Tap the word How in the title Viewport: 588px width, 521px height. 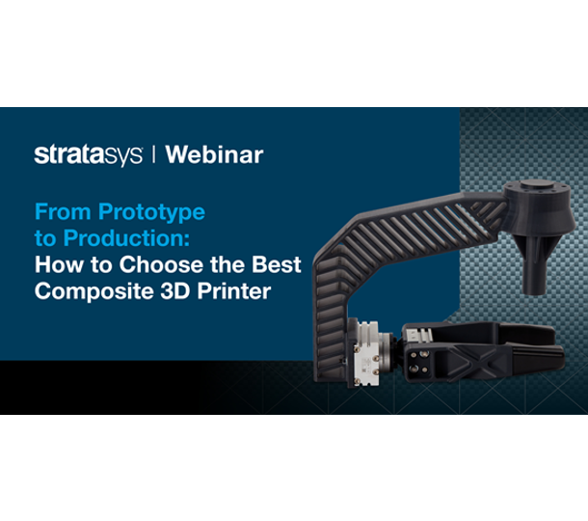[56, 263]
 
